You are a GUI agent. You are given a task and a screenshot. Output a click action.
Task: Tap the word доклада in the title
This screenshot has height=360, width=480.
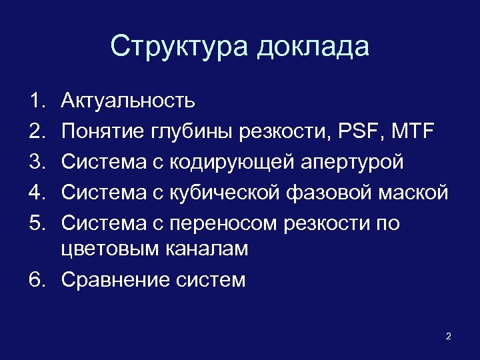(313, 47)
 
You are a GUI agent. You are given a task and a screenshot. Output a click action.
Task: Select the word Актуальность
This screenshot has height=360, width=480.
(128, 101)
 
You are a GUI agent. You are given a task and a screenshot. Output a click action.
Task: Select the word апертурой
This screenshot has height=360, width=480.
(351, 162)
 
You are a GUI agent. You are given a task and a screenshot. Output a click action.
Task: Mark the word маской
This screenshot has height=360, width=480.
(412, 193)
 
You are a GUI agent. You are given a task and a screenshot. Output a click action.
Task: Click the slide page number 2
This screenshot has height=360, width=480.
(448, 336)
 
